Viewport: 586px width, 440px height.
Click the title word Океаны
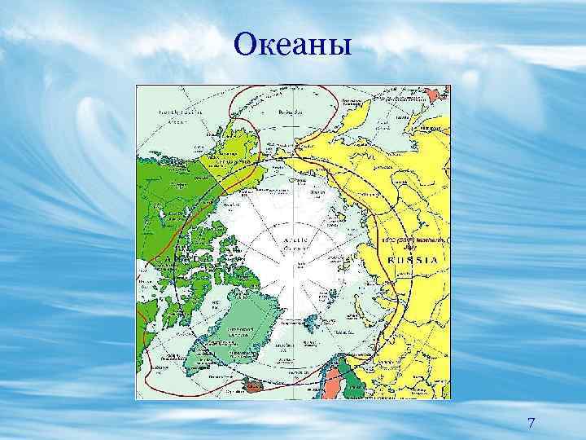(x=293, y=44)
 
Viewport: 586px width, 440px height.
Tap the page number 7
(x=531, y=423)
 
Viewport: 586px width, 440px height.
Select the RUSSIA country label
(x=415, y=259)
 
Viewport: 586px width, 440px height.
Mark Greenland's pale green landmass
(x=244, y=326)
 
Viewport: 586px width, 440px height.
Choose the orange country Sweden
(x=334, y=383)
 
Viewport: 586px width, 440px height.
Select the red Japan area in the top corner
(x=440, y=94)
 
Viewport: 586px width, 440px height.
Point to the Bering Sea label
(x=286, y=112)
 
